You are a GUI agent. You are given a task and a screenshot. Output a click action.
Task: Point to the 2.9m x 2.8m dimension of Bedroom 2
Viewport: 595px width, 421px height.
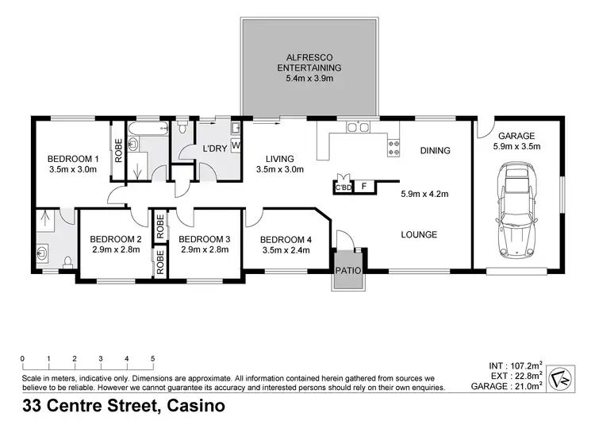point(116,249)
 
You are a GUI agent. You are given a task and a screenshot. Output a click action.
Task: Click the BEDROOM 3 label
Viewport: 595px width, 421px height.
point(204,238)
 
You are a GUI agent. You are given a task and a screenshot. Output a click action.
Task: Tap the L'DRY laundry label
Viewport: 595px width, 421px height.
point(215,149)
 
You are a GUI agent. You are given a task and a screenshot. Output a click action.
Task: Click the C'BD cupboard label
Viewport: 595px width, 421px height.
point(343,187)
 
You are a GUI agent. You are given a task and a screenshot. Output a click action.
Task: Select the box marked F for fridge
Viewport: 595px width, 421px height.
point(363,187)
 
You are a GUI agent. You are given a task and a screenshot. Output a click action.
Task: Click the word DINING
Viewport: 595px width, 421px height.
point(435,150)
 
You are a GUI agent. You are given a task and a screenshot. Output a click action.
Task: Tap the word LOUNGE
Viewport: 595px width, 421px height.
point(420,234)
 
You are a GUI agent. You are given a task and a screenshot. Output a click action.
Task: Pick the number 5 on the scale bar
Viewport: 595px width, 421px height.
point(152,358)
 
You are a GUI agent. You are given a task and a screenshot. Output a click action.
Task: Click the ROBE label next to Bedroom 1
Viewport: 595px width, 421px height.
point(118,151)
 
